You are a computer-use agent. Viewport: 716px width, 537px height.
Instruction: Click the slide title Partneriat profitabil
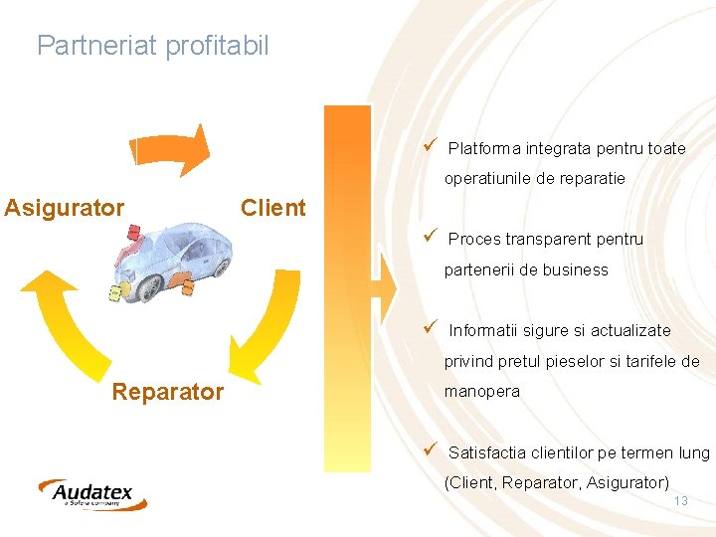coord(152,46)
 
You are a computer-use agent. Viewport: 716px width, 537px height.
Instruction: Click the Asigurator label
coord(65,208)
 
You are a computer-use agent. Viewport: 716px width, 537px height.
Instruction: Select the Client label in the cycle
coord(273,208)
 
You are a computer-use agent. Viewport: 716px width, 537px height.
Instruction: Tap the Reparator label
coord(167,392)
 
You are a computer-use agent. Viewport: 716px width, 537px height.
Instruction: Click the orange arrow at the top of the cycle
coord(171,149)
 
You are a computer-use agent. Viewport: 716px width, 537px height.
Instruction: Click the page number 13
coord(681,501)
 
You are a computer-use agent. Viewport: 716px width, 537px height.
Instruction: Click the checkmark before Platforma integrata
coord(430,147)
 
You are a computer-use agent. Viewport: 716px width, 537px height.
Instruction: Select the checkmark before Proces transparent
coord(430,238)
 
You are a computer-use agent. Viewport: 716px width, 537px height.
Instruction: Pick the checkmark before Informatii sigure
coord(430,329)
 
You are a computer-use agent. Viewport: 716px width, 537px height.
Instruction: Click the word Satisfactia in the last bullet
coord(488,453)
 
